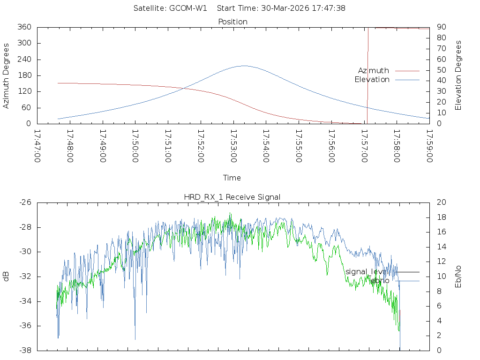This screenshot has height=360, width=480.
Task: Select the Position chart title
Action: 233,22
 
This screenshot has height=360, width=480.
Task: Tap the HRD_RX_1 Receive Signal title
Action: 232,197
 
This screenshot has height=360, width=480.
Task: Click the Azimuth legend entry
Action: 374,71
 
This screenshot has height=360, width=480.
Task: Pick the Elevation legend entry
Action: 372,80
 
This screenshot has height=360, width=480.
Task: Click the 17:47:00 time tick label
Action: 37,146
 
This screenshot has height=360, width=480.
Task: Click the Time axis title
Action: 232,178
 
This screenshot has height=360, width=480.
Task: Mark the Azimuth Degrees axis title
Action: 6,75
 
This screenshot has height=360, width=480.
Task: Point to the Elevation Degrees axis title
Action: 458,75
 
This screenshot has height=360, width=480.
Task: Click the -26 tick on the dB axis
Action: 25,202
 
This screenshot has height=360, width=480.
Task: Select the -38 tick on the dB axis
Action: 25,350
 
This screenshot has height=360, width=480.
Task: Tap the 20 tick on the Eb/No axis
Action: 441,202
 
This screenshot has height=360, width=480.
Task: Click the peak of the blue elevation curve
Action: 244,66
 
